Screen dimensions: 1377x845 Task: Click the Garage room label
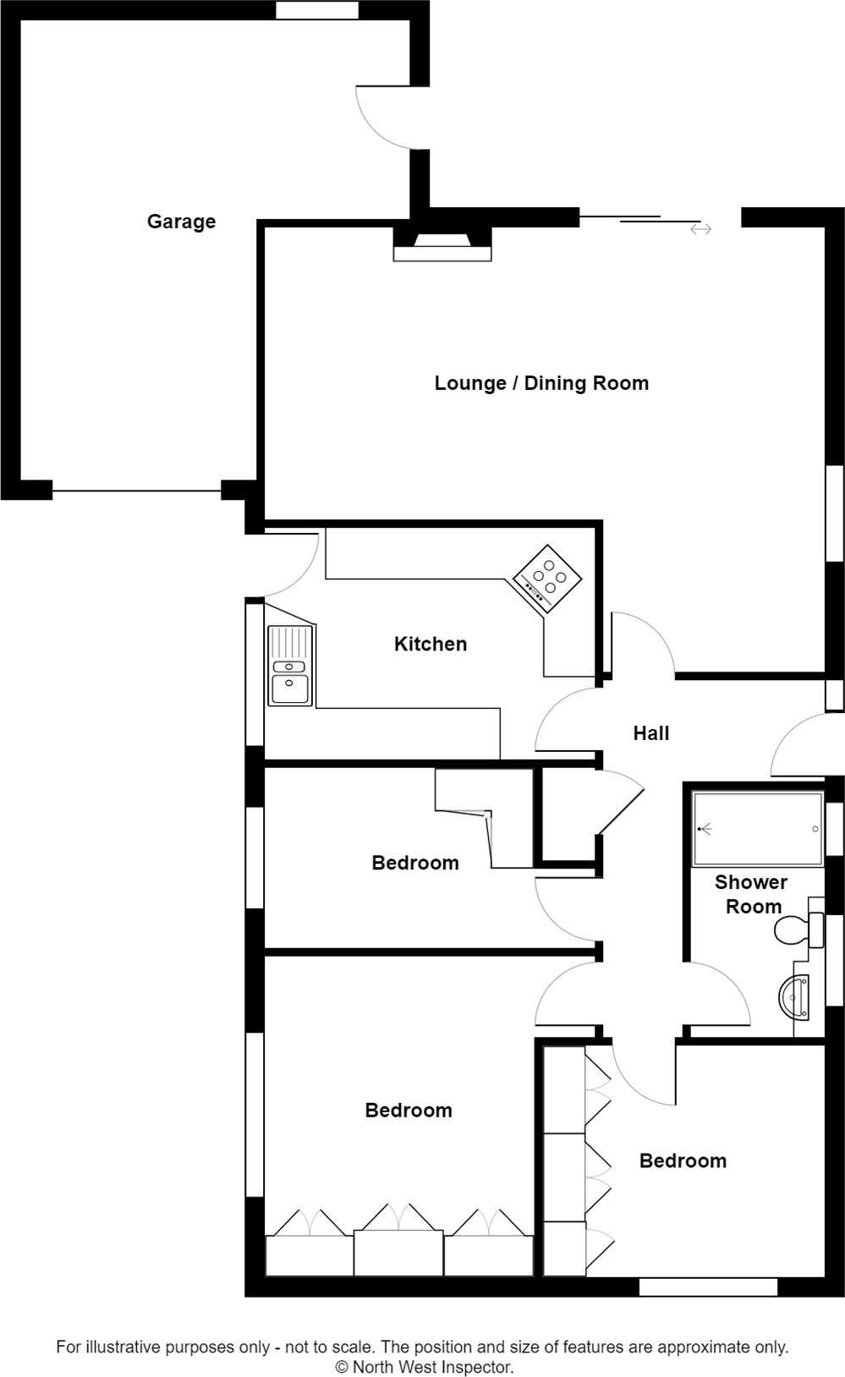coord(181,222)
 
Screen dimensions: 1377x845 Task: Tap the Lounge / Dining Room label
coord(541,383)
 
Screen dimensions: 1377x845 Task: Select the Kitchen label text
coord(431,644)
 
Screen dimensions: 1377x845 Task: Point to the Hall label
coord(651,733)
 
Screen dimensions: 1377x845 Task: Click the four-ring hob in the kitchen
coord(547,578)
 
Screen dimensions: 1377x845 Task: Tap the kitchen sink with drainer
coord(289,666)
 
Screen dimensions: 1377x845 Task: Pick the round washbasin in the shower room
coord(795,996)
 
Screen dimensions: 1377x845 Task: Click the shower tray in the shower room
coord(757,829)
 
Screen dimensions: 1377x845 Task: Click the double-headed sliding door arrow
coord(700,229)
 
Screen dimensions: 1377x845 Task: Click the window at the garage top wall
coord(317,10)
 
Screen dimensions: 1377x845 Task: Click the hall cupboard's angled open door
coord(623,812)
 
